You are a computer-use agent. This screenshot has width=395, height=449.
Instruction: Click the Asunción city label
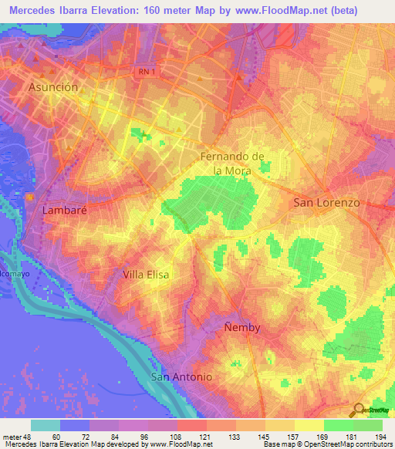(53, 87)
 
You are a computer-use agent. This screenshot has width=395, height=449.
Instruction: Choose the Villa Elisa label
(146, 274)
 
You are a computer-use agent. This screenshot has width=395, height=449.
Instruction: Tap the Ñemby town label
(242, 327)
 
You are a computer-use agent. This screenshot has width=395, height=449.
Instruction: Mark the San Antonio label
(181, 376)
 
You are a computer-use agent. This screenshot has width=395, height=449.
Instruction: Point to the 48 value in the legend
(27, 437)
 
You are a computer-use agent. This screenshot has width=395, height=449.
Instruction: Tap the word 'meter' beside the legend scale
(11, 437)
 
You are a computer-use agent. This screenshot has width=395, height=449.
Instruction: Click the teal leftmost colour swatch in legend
(46, 425)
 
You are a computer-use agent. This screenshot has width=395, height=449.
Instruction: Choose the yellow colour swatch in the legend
(309, 425)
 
